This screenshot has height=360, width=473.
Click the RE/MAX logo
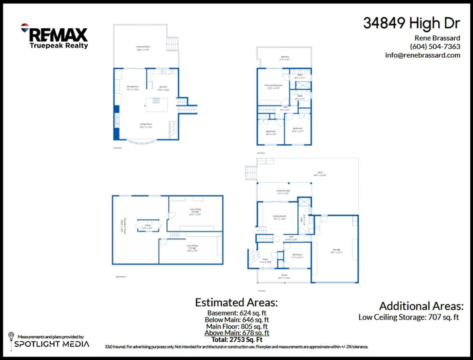[54, 36]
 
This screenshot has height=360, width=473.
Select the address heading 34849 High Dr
[411, 24]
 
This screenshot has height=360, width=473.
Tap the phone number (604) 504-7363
[435, 46]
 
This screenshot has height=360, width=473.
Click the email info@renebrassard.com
[423, 55]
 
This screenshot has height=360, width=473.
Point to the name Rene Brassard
[438, 38]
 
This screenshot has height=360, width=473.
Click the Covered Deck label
[143, 48]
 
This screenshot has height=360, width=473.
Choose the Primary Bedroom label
[273, 87]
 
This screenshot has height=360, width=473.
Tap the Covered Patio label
[284, 192]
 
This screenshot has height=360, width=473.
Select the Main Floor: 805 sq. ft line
[237, 327]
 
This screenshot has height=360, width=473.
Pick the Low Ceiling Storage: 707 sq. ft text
[409, 317]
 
